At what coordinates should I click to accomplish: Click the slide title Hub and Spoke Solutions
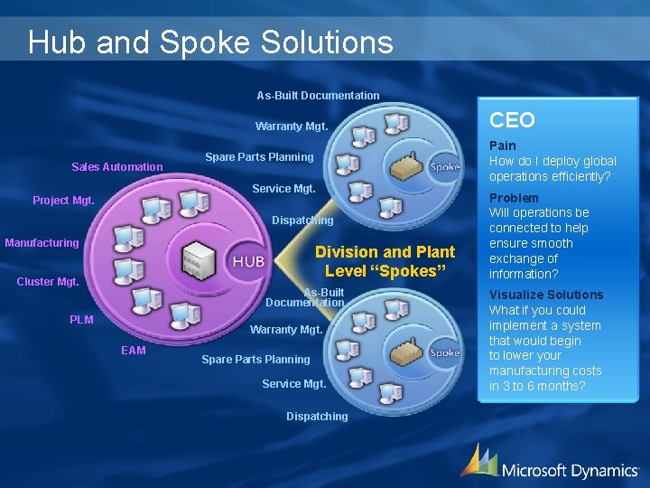210,42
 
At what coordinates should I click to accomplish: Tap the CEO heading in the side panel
512,119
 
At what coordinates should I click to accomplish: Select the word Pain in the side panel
502,145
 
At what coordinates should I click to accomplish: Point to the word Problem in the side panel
513,198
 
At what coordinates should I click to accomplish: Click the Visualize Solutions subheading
545,295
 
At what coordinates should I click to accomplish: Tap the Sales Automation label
117,166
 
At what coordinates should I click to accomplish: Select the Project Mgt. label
63,200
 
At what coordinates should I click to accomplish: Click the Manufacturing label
42,243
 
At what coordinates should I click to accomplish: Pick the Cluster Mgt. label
48,281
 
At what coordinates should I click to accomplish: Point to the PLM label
81,319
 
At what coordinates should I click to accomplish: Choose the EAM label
133,351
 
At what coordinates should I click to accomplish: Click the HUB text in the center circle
248,261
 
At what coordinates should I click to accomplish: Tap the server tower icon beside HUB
198,260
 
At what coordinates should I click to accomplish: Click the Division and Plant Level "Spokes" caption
385,261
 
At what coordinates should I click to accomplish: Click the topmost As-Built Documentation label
318,95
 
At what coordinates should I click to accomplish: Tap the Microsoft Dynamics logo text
568,470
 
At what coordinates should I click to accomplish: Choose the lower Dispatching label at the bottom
317,417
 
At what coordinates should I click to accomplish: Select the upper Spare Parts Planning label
259,157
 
